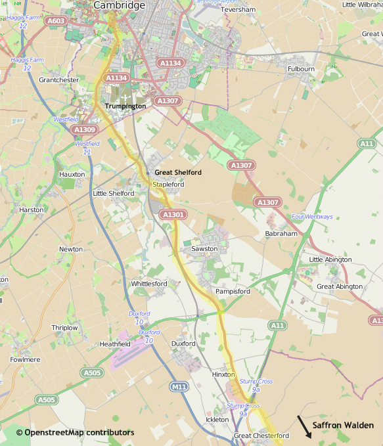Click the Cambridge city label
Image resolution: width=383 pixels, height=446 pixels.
click(x=119, y=5)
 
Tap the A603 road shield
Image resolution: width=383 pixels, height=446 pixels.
click(x=56, y=21)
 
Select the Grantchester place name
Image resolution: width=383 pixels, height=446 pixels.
click(x=58, y=80)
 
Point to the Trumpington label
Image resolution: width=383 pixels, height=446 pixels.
click(x=125, y=106)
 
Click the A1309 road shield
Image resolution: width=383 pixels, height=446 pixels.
click(x=85, y=130)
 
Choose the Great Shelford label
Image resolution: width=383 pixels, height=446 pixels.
click(x=178, y=172)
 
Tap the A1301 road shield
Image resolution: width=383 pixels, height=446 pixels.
click(x=173, y=215)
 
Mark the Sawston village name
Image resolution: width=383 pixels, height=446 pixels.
click(x=204, y=249)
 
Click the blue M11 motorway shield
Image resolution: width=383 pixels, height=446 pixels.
click(x=179, y=387)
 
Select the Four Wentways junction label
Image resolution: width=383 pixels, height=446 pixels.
click(x=312, y=217)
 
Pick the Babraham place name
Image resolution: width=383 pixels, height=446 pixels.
click(x=281, y=233)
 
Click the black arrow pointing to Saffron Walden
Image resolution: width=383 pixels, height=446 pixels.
click(x=304, y=427)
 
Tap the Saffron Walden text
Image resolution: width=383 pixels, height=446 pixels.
click(x=343, y=426)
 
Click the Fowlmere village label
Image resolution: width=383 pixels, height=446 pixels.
click(x=25, y=359)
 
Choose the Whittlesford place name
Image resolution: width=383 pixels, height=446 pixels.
click(x=149, y=284)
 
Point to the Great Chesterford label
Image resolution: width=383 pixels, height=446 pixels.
click(x=261, y=436)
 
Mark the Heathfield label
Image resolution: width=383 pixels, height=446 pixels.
click(x=115, y=344)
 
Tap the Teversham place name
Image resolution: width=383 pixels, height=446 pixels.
click(x=238, y=10)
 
